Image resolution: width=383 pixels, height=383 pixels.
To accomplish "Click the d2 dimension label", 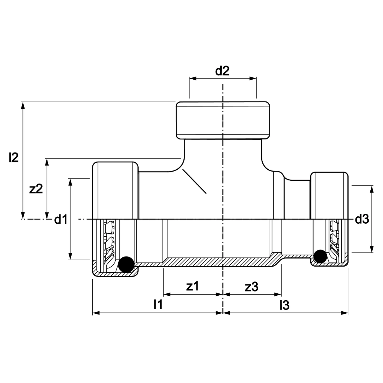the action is pyautogui.click(x=222, y=71).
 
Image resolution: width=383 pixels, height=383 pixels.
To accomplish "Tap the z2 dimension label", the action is pyautogui.click(x=36, y=189).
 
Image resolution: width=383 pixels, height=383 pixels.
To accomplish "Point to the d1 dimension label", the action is pyautogui.click(x=61, y=219).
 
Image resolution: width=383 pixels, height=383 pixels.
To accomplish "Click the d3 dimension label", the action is pyautogui.click(x=362, y=219).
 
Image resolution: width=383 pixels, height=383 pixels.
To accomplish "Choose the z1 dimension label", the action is pyautogui.click(x=193, y=286).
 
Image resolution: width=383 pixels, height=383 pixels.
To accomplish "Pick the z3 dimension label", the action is pyautogui.click(x=251, y=287).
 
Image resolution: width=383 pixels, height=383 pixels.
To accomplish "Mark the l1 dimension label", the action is pyautogui.click(x=158, y=304).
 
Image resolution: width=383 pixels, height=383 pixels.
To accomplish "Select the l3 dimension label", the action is pyautogui.click(x=285, y=305).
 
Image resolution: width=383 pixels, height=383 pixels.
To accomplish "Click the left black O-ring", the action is pyautogui.click(x=126, y=264).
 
